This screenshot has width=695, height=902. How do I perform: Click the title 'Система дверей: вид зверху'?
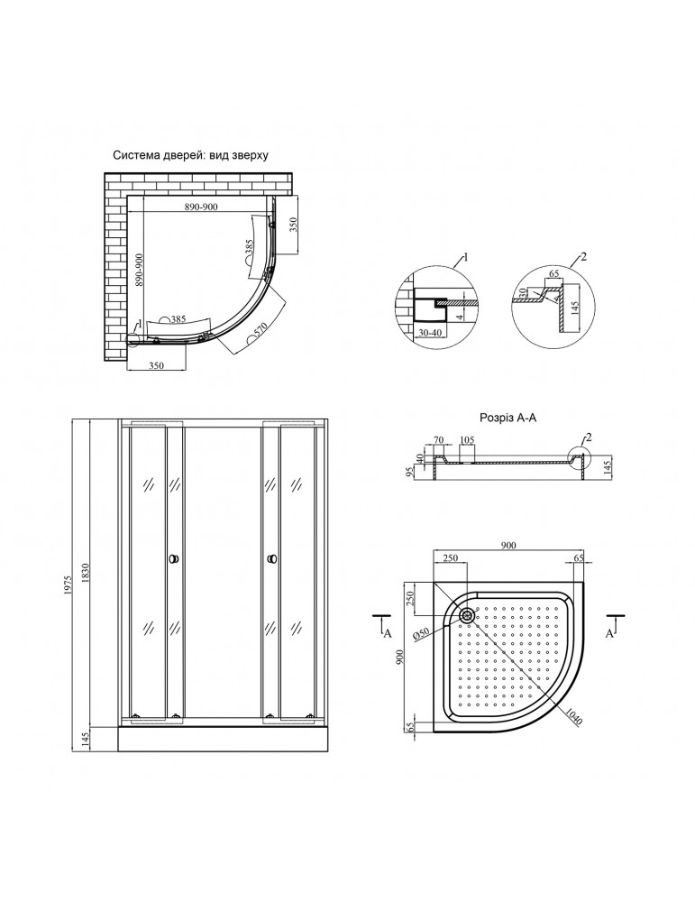[190, 155]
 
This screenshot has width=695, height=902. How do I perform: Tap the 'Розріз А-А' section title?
[508, 419]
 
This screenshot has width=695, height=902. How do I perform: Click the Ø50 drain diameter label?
[422, 633]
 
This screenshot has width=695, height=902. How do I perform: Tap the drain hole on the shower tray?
[466, 614]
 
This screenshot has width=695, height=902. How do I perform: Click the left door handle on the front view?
[174, 558]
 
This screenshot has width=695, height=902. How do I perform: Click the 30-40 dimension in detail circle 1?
[430, 333]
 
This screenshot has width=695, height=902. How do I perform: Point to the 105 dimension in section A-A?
[467, 440]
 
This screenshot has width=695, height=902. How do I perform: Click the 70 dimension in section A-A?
[439, 440]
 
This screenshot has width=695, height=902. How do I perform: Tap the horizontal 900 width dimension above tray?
[508, 545]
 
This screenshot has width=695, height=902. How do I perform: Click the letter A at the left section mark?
[388, 633]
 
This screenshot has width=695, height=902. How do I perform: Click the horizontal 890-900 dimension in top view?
[201, 207]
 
